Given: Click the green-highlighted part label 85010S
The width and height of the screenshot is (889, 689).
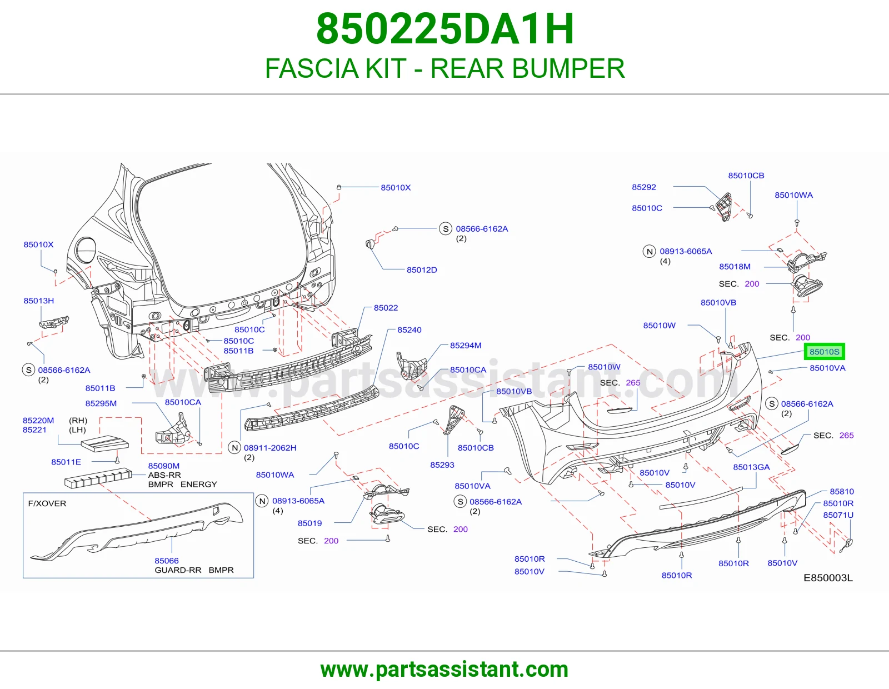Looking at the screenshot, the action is coord(824,352).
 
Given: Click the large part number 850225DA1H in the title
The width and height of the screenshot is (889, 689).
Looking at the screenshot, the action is coord(444,29).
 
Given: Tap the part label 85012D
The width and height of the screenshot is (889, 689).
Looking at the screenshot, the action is coord(422,270).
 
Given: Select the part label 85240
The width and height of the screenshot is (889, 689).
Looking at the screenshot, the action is coord(409,329).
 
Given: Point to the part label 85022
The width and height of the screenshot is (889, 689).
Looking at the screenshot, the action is coord(386,308).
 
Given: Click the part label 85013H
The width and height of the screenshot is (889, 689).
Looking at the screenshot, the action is coord(38,301).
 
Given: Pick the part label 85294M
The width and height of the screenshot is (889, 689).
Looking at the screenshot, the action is coord(466,345).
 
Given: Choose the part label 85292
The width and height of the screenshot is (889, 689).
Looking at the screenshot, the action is coord(644,187).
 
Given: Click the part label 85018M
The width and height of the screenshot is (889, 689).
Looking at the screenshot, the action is coord(735,267).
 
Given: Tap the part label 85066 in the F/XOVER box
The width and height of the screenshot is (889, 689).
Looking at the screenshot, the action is coord(167,561).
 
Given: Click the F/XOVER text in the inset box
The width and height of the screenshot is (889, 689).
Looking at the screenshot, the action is coord(47,503).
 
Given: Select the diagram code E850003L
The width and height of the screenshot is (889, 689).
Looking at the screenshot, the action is coord(828,578).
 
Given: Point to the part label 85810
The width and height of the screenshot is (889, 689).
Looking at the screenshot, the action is coord(842,491).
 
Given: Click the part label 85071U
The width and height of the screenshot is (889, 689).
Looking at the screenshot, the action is coord(838,515).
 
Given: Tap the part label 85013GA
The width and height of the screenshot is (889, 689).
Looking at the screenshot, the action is coord(752,467).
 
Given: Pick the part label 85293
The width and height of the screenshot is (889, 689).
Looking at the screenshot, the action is coord(442,465).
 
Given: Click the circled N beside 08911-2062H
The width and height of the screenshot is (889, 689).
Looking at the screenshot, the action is coord(234,448).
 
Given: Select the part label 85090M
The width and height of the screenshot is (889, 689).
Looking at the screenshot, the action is coord(164,466).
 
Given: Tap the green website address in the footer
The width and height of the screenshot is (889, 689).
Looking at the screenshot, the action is coord(444,670).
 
